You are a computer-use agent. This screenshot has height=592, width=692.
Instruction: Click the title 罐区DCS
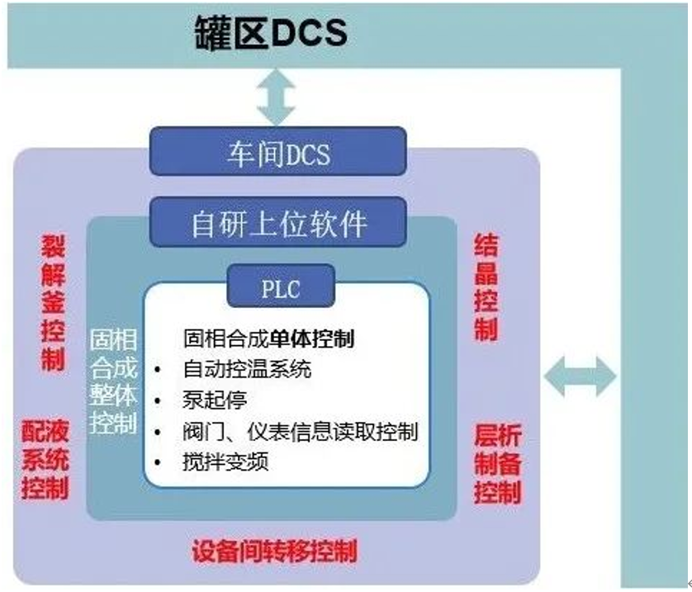point(271,32)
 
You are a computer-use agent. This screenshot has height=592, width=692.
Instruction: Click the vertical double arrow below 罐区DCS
point(276,97)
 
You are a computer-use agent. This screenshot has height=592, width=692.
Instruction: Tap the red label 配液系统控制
point(45,458)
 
